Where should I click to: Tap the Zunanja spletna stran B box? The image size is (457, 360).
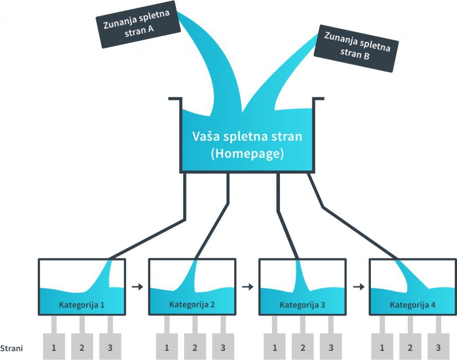356,48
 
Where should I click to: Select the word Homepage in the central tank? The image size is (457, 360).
247,154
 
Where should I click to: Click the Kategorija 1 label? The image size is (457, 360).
82,305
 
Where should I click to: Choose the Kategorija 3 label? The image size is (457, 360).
302,305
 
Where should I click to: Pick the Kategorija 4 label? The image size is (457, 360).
413,305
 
